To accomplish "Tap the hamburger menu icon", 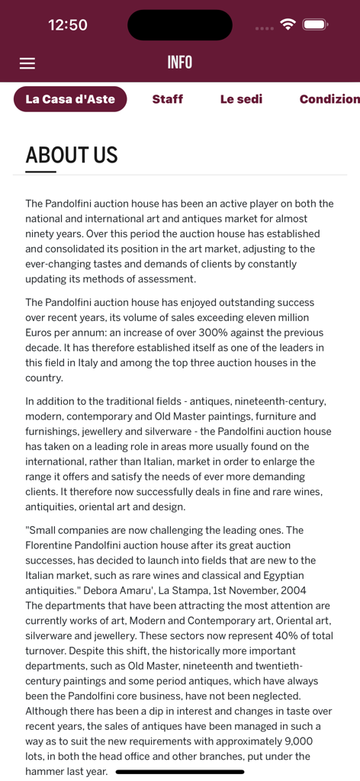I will point(27,63).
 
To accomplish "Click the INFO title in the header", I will point(180,63).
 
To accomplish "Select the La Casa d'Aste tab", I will point(70,99).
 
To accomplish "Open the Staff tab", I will point(167,99).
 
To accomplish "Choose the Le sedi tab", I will point(241,99).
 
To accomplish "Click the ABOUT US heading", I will point(72,156).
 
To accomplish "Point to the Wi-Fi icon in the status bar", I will point(288,24).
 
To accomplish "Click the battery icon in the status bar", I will point(315,24).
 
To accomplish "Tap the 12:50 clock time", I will point(68,24).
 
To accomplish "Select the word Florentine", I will point(54,545).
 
